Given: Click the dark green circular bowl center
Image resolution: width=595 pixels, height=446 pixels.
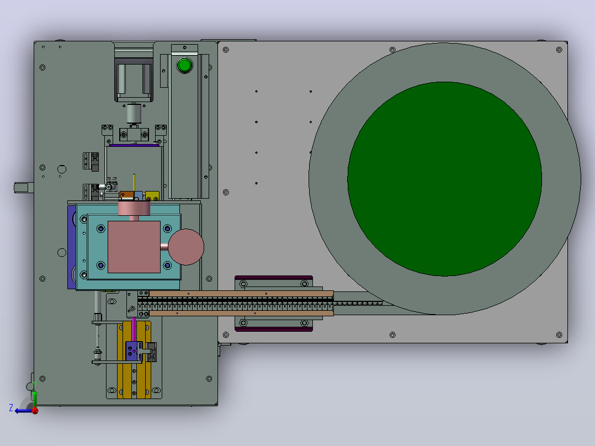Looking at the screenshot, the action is (x=444, y=179).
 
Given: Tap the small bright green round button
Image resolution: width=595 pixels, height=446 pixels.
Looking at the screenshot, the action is (x=184, y=65).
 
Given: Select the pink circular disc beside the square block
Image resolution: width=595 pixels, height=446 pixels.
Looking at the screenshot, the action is (x=186, y=247).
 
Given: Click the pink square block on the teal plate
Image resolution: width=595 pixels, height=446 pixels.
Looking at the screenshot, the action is (x=134, y=247).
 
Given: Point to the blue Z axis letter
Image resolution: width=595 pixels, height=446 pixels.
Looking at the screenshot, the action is (x=11, y=408).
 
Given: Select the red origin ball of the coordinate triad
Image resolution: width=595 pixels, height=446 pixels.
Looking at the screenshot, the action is (x=35, y=410).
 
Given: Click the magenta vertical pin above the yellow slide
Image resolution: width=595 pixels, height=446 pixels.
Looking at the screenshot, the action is (x=134, y=329).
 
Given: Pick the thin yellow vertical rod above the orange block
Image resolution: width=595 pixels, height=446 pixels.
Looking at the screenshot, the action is (x=134, y=183).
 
